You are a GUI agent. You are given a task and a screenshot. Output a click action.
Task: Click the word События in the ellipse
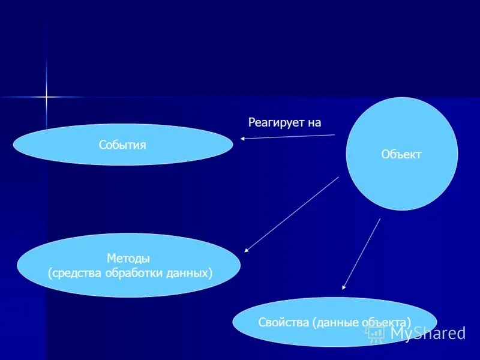click(122, 145)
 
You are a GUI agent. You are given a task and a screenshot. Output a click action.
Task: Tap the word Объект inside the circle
click(401, 155)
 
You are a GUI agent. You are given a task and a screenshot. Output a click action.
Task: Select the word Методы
click(128, 259)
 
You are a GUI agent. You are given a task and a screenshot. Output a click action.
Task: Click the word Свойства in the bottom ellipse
click(283, 322)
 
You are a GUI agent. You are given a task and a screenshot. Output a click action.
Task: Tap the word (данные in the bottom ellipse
click(336, 322)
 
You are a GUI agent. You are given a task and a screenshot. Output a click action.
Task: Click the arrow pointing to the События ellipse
click(288, 137)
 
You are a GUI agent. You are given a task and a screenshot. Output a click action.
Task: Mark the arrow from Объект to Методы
click(292, 214)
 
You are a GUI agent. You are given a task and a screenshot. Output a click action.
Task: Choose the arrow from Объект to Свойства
click(362, 254)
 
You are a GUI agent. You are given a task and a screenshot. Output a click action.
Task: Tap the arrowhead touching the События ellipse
click(243, 139)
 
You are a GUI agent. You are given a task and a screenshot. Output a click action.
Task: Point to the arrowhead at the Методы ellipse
click(247, 250)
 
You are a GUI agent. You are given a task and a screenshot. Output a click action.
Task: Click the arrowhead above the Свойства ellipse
click(344, 287)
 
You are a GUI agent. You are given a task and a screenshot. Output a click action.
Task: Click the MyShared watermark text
click(427, 333)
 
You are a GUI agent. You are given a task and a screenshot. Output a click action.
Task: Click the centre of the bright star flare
click(46, 96)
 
